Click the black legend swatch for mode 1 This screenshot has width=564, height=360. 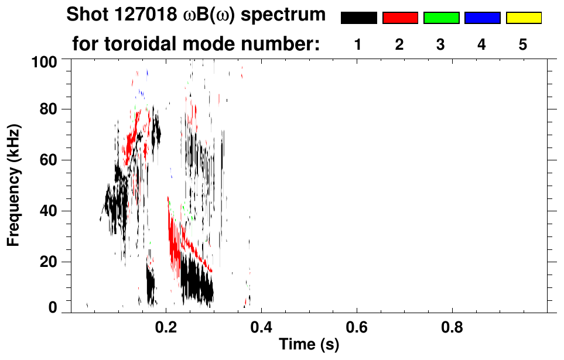359,18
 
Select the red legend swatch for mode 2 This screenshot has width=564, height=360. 400,18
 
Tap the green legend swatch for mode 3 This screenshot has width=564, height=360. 441,18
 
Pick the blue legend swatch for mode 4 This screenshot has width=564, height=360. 482,18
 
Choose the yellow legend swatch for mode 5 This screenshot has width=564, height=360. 523,18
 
